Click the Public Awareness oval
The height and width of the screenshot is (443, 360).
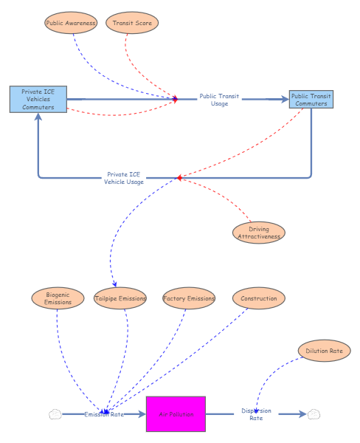click(71, 23)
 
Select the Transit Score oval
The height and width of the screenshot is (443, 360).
click(132, 23)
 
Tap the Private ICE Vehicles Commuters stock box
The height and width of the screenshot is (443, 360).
click(38, 99)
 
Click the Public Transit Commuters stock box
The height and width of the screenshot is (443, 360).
click(311, 100)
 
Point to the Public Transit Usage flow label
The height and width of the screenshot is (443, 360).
click(219, 100)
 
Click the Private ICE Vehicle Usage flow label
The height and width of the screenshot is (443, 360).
click(124, 178)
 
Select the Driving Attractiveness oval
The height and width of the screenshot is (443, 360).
click(258, 233)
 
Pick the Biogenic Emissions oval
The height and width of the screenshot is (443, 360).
click(58, 298)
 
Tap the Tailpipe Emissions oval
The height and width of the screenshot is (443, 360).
click(120, 298)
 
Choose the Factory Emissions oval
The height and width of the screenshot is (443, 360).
click(189, 298)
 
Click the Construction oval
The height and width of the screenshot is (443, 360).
click(259, 298)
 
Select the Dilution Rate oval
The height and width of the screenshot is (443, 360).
click(323, 351)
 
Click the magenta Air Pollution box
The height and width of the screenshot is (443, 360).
click(176, 414)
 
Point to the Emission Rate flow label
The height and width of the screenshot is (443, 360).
click(104, 414)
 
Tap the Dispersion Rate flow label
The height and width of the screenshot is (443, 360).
click(256, 414)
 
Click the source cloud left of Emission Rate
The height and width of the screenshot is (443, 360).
click(55, 414)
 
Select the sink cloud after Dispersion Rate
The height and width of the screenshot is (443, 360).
click(314, 414)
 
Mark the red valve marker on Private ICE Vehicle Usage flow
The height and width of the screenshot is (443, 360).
click(179, 178)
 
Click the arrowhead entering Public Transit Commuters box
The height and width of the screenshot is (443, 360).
click(285, 99)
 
